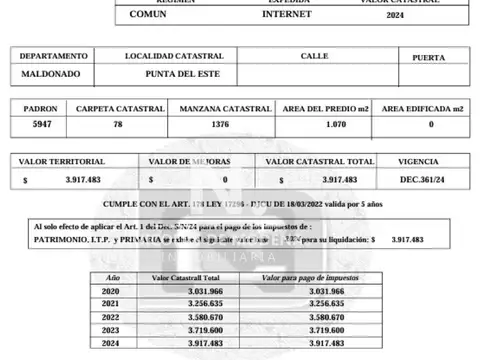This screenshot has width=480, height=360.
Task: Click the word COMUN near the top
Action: click(147, 16)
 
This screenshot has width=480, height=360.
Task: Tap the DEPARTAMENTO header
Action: click(53, 56)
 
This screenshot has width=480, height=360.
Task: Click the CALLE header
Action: click(313, 56)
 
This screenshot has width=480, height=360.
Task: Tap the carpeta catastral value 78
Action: click(117, 125)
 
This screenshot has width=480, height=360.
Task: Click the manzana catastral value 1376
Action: click(219, 125)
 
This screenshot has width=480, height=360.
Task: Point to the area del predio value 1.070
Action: click(325, 125)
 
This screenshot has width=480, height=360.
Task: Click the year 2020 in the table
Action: click(110, 290)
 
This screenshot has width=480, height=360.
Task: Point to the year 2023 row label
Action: click(110, 329)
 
